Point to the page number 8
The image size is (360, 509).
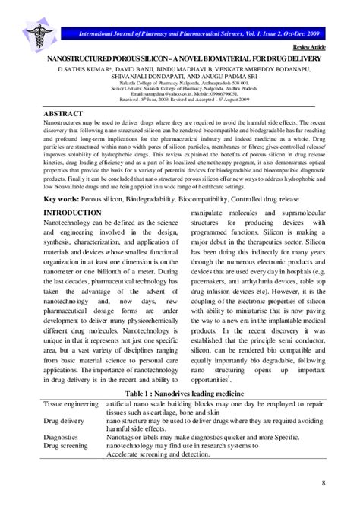pos(324,484)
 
